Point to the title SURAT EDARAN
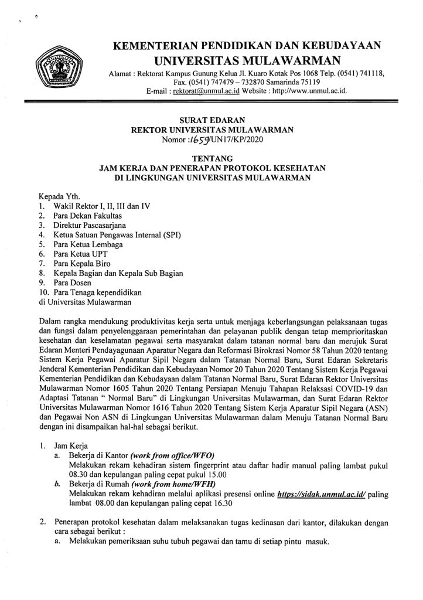click(211, 120)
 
